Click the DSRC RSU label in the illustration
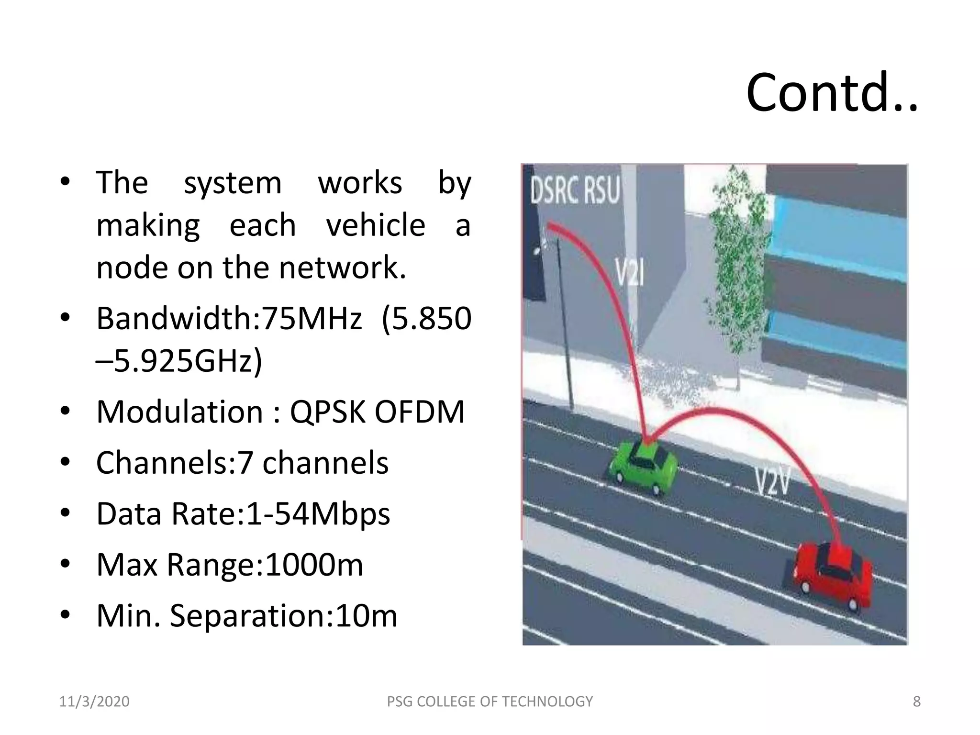pyautogui.click(x=575, y=189)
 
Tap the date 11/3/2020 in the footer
pyautogui.click(x=94, y=702)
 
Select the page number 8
pyautogui.click(x=916, y=702)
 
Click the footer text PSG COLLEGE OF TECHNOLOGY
pyautogui.click(x=490, y=702)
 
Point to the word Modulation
pyautogui.click(x=179, y=412)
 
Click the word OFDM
pyautogui.click(x=419, y=412)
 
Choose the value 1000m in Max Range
pyautogui.click(x=314, y=565)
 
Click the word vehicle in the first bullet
pyautogui.click(x=376, y=225)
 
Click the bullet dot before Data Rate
pyautogui.click(x=66, y=513)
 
